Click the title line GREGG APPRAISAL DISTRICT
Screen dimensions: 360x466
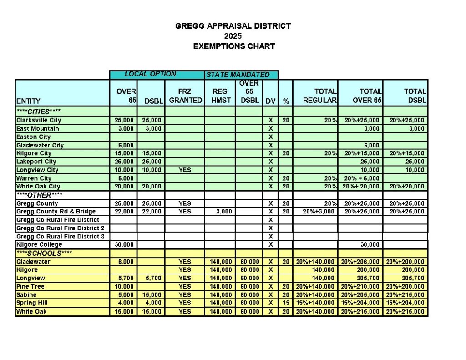coord(233,26)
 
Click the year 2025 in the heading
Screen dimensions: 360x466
coord(233,36)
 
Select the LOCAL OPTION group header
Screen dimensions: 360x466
coord(150,74)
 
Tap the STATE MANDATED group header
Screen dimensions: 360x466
coord(238,75)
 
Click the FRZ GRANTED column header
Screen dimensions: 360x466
coord(186,96)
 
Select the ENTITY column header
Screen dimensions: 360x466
coord(28,101)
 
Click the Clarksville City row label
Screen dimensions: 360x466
coord(38,120)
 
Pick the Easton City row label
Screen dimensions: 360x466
coord(33,137)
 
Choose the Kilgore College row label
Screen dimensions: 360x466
coord(39,244)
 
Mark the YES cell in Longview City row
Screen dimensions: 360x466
coord(185,170)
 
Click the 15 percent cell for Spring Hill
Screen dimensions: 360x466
coord(286,303)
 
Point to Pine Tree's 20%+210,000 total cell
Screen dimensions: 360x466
coord(360,287)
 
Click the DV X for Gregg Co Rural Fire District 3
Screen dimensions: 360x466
coord(270,236)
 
